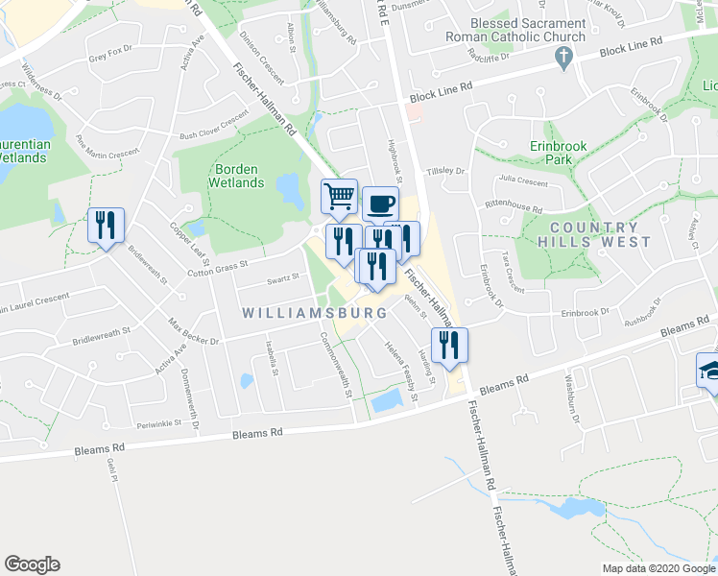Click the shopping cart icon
pos(339,197)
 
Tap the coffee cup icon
pos(381,204)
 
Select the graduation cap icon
pos(710,370)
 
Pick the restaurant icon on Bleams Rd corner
pos(449,345)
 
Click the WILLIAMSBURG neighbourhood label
pos(314,313)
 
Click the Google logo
pos(32,564)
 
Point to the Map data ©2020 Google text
pos(658,568)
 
